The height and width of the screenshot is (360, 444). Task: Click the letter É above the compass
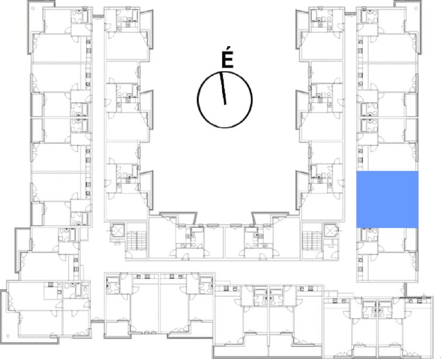pyautogui.click(x=227, y=60)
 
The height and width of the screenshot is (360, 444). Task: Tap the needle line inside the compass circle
pyautogui.click(x=223, y=88)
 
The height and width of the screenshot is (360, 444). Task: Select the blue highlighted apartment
pyautogui.click(x=387, y=199)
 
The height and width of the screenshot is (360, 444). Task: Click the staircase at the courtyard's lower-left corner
pyautogui.click(x=136, y=241)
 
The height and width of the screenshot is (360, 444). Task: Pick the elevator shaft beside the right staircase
pyautogui.click(x=331, y=231)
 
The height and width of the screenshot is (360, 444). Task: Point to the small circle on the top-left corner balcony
pyautogui.click(x=33, y=8)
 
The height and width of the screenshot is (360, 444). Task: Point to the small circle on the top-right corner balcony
pyautogui.click(x=417, y=8)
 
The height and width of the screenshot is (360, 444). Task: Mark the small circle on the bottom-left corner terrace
pyautogui.click(x=8, y=336)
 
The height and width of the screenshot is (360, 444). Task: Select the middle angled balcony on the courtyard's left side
pyautogui.click(x=147, y=109)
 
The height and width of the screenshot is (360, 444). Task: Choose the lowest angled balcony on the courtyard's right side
pyautogui.click(x=302, y=190)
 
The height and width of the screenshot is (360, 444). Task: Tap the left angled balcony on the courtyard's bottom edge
pyautogui.click(x=178, y=217)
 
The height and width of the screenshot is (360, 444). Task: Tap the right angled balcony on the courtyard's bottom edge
pyautogui.click(x=270, y=217)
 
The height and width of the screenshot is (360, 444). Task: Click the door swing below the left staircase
pyautogui.click(x=129, y=255)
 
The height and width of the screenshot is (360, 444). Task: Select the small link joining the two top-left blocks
pyautogui.click(x=98, y=16)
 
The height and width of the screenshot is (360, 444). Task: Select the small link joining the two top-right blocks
pyautogui.click(x=351, y=14)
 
